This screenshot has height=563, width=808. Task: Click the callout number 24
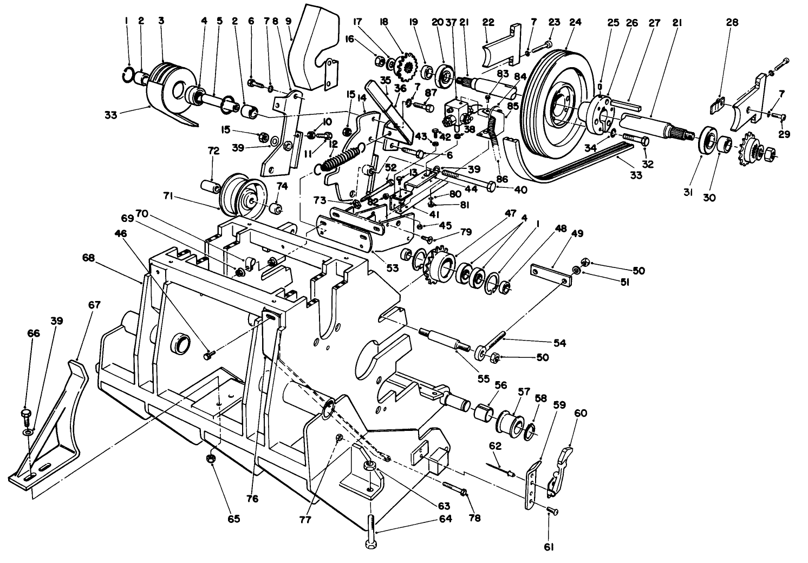coord(575,23)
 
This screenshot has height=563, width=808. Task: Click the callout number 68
coord(88,258)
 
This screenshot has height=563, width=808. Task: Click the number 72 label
coord(213,151)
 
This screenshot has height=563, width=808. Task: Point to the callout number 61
coord(549,547)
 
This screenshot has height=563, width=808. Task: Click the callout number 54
coord(559,343)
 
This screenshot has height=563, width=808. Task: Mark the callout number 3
coord(161,21)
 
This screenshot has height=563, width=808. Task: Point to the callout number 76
coord(252,498)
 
